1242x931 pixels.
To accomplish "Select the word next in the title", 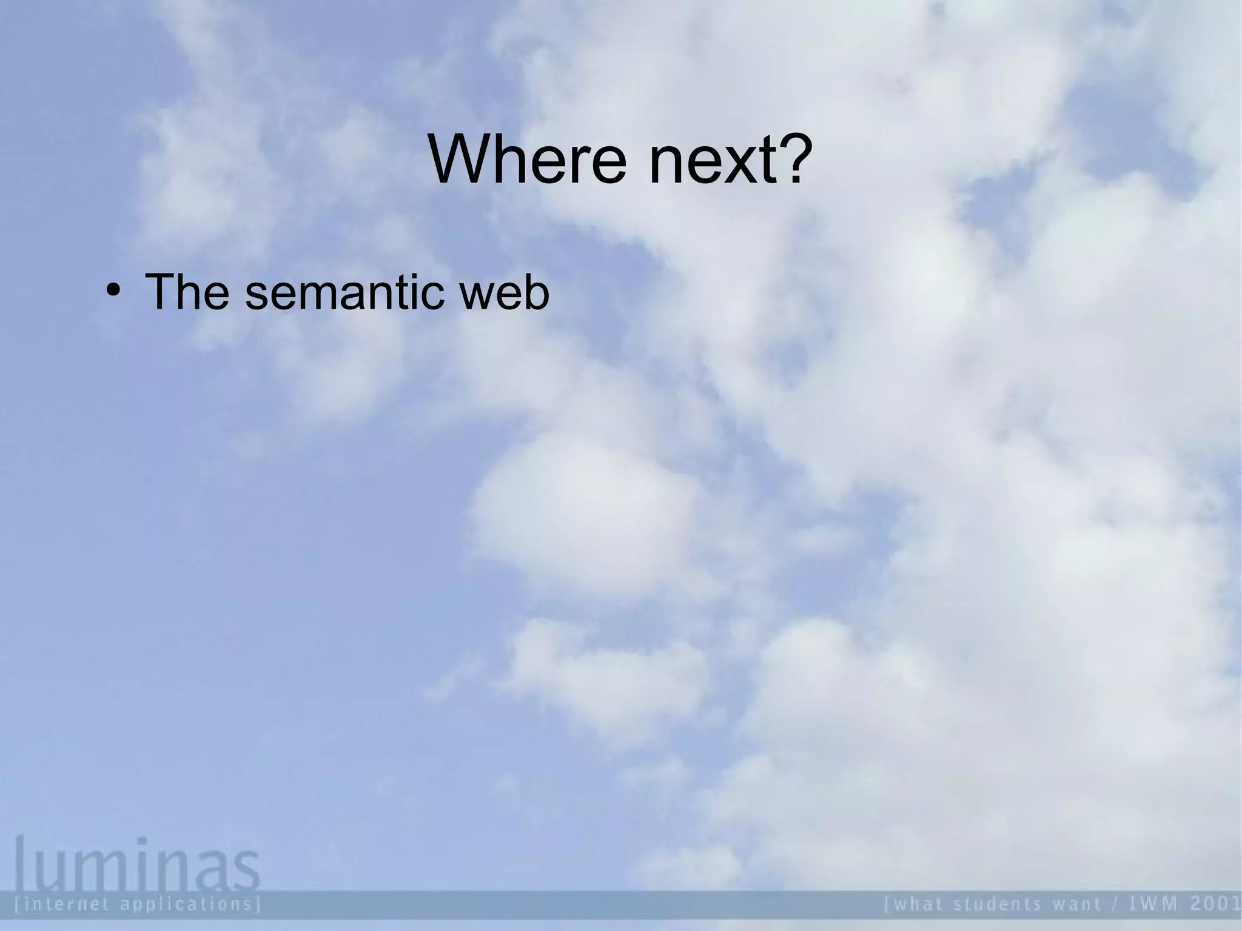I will click(x=709, y=161).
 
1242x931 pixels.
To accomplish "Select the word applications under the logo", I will click(x=188, y=905).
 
